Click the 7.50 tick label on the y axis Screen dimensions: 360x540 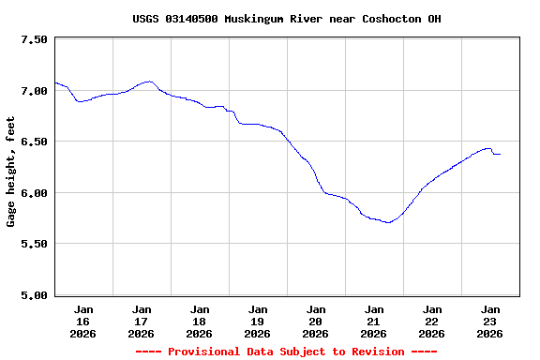[33, 39]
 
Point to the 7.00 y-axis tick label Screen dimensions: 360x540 [33, 91]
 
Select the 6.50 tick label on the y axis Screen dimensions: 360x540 [33, 142]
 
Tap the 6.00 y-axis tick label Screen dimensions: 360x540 [33, 193]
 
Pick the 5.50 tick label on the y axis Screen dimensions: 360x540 [33, 244]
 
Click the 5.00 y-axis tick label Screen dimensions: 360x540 [33, 295]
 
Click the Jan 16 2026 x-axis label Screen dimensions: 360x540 [83, 321]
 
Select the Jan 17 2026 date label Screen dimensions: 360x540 [142, 321]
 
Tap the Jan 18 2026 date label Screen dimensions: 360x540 [200, 321]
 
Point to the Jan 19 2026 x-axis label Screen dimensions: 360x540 [258, 321]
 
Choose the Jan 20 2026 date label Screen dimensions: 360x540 [316, 321]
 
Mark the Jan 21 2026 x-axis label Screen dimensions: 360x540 [374, 321]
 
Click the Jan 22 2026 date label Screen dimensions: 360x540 [432, 321]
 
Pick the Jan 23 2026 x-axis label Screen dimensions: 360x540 [490, 321]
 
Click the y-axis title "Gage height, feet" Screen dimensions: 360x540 [11, 172]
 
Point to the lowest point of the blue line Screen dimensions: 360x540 [387, 222]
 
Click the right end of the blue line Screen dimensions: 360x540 [500, 154]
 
